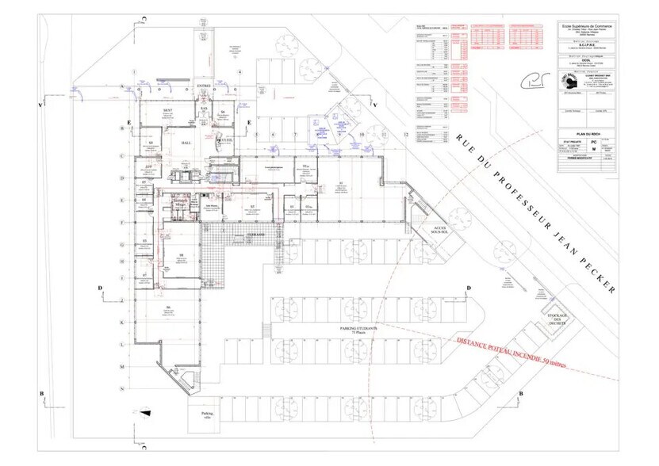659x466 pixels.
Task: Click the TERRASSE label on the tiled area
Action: click(x=255, y=235)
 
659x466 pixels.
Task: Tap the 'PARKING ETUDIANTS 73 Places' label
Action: click(x=358, y=329)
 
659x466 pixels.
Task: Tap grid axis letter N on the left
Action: click(x=122, y=390)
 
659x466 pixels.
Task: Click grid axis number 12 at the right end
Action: click(x=407, y=136)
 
